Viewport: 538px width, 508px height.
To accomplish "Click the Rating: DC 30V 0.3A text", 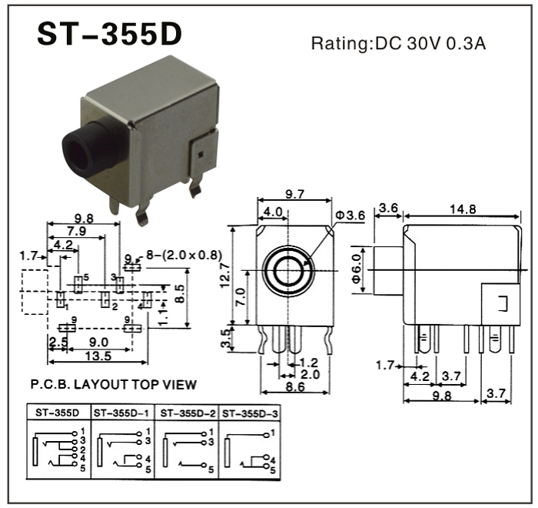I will [x=398, y=43].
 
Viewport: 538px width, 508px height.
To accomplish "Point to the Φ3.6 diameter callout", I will [x=350, y=216].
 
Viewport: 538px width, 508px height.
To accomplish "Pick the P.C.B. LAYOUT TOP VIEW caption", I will [x=113, y=384].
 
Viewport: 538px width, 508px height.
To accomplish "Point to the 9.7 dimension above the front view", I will [x=295, y=196].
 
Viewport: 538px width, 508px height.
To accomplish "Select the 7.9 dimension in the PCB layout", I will [x=75, y=231].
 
